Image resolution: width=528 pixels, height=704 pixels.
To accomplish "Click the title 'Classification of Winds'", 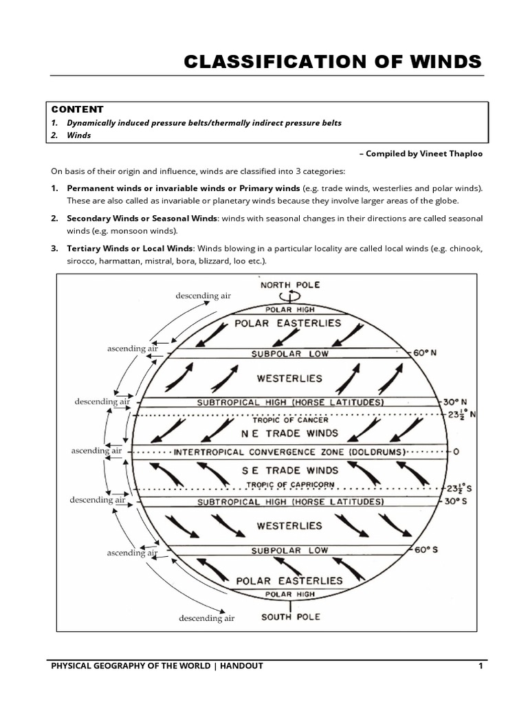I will [x=333, y=62].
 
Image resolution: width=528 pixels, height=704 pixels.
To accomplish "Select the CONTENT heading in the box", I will [x=77, y=109].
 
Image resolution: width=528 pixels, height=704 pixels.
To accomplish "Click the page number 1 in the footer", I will [x=481, y=666].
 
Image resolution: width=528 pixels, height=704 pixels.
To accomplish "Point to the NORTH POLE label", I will [x=289, y=285].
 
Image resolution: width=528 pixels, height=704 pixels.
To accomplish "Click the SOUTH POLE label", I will [x=290, y=617].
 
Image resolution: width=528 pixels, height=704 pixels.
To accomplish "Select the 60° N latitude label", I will [x=426, y=353].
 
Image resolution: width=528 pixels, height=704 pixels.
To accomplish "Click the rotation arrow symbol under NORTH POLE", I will [x=289, y=295].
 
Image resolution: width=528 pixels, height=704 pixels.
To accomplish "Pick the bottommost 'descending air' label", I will [x=207, y=618].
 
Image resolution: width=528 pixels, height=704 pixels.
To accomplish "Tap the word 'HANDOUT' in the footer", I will [x=243, y=666].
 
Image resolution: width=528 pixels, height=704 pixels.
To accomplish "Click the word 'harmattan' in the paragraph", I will [x=125, y=261].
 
